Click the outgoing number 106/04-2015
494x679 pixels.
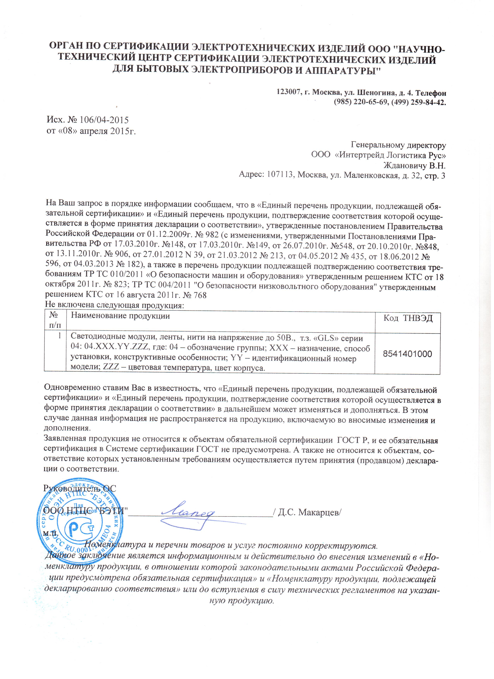tap(104, 120)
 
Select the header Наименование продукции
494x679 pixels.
tap(120, 316)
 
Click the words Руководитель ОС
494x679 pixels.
tap(80, 488)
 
